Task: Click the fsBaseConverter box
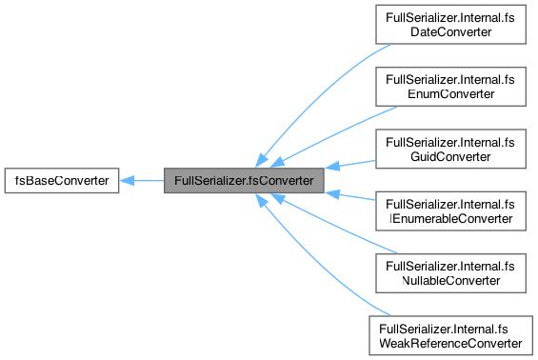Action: [62, 179]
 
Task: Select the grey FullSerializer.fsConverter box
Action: [244, 179]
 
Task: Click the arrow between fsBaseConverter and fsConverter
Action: [143, 179]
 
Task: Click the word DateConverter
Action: [450, 32]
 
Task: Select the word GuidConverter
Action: [450, 155]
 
